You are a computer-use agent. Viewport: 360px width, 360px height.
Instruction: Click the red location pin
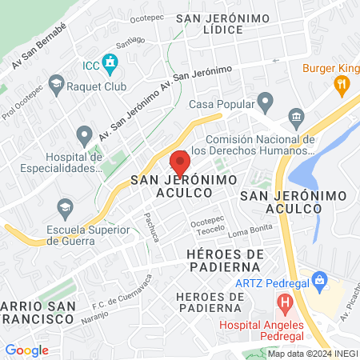pyautogui.click(x=180, y=162)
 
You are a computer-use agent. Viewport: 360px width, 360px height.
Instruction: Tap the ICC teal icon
pyautogui.click(x=110, y=62)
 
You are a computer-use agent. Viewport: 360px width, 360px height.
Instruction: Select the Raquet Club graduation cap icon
pyautogui.click(x=56, y=82)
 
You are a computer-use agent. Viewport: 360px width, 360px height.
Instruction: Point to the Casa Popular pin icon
pyautogui.click(x=266, y=102)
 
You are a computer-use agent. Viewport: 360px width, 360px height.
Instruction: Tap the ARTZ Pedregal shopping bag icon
pyautogui.click(x=321, y=280)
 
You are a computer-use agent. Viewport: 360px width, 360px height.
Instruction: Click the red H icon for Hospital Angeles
pyautogui.click(x=283, y=303)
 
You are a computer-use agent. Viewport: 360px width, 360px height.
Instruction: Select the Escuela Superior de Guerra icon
pyautogui.click(x=66, y=209)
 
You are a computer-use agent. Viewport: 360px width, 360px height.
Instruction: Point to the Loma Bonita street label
pyautogui.click(x=250, y=233)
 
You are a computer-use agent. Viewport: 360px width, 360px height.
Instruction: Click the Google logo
pyautogui.click(x=27, y=350)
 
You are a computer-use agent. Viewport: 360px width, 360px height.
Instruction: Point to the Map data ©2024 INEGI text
pyautogui.click(x=312, y=353)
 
